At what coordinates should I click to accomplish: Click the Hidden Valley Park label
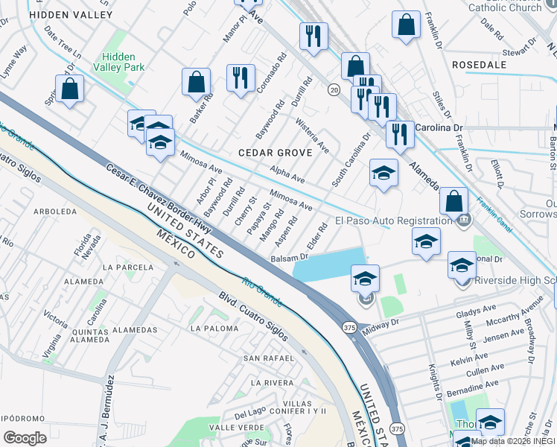click(x=123, y=61)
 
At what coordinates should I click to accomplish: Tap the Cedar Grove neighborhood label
click(x=270, y=153)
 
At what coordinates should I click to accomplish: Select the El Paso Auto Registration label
click(x=393, y=221)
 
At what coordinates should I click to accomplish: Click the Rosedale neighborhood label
click(x=486, y=65)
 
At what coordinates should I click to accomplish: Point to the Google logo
click(x=25, y=438)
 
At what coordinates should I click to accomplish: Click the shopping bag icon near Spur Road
click(x=69, y=89)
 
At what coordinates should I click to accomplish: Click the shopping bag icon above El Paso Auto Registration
click(x=453, y=201)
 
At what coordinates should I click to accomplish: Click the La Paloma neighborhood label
click(x=216, y=328)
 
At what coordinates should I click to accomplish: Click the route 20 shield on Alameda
click(x=334, y=89)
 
